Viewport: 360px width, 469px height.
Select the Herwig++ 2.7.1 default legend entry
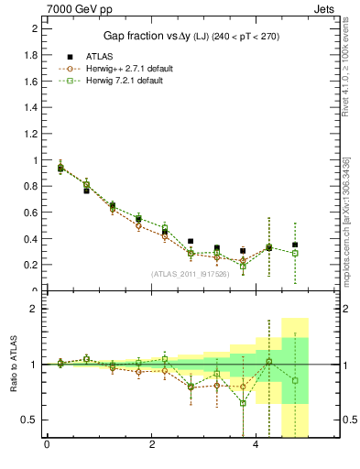pyautogui.click(x=117, y=69)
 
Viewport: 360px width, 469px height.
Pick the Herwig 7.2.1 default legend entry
pyautogui.click(x=115, y=81)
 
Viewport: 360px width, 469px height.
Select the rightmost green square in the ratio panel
pyautogui.click(x=295, y=380)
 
